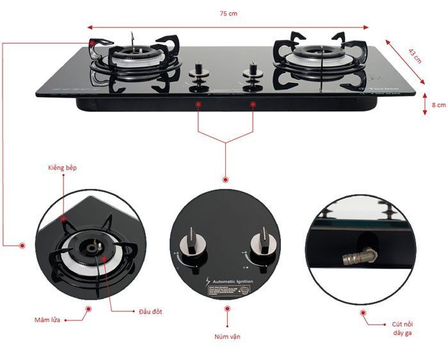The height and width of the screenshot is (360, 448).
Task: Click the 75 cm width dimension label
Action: coord(228,13)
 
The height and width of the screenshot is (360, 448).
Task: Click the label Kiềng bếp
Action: coord(62,168)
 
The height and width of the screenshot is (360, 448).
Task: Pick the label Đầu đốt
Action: coord(151,311)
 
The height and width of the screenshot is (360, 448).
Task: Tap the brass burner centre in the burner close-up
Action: coord(98,247)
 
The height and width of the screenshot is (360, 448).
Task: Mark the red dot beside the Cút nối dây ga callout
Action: coord(363,313)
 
